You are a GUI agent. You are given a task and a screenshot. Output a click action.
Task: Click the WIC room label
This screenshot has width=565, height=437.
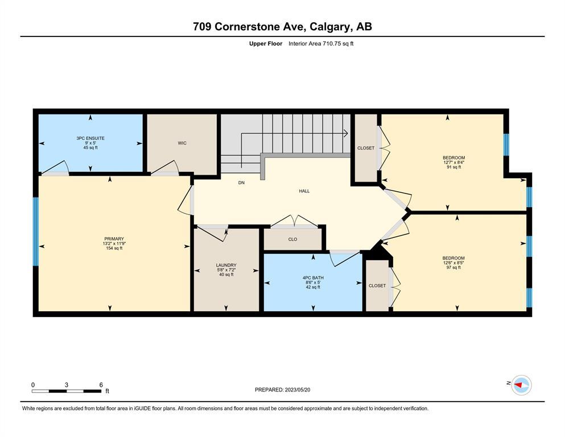pos(182,143)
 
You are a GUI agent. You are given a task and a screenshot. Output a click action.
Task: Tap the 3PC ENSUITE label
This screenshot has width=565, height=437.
pos(90,138)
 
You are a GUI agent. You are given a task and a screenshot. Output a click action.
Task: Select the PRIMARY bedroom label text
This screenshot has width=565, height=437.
pos(114,239)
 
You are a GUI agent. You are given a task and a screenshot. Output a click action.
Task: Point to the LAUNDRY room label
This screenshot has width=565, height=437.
pos(226,265)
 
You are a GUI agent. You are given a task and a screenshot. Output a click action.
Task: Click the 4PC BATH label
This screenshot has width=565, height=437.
pos(313,278)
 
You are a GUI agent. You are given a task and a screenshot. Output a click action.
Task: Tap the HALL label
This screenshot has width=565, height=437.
pos(304,191)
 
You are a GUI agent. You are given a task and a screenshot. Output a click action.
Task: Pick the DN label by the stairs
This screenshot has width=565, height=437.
pos(241,183)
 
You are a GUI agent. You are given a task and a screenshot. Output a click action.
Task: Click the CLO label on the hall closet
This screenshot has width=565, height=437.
pos(292,239)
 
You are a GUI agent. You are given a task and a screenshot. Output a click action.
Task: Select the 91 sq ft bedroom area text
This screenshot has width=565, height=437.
pos(453,167)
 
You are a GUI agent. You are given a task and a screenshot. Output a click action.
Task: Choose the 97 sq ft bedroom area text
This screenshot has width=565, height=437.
pos(453,267)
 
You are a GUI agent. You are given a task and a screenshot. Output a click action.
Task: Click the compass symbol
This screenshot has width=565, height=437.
pos(521,385)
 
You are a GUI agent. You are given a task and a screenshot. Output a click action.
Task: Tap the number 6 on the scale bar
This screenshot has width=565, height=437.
pos(101,385)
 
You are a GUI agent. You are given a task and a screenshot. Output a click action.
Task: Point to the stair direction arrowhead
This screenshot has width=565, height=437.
pos(345,133)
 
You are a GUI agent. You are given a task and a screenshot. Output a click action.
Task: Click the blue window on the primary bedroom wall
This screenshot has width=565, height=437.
pos(36,231)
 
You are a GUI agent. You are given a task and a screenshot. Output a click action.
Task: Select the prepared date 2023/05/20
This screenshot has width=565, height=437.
pos(298,390)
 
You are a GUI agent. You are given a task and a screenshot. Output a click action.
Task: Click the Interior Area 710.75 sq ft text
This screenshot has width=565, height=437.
pos(321,44)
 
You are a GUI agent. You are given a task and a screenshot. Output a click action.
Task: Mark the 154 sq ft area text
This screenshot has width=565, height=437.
pos(114,248)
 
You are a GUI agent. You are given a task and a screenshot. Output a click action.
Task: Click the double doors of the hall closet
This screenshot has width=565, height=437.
pos(294,222)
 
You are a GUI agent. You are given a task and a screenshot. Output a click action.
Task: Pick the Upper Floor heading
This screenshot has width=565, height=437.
pos(266,44)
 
